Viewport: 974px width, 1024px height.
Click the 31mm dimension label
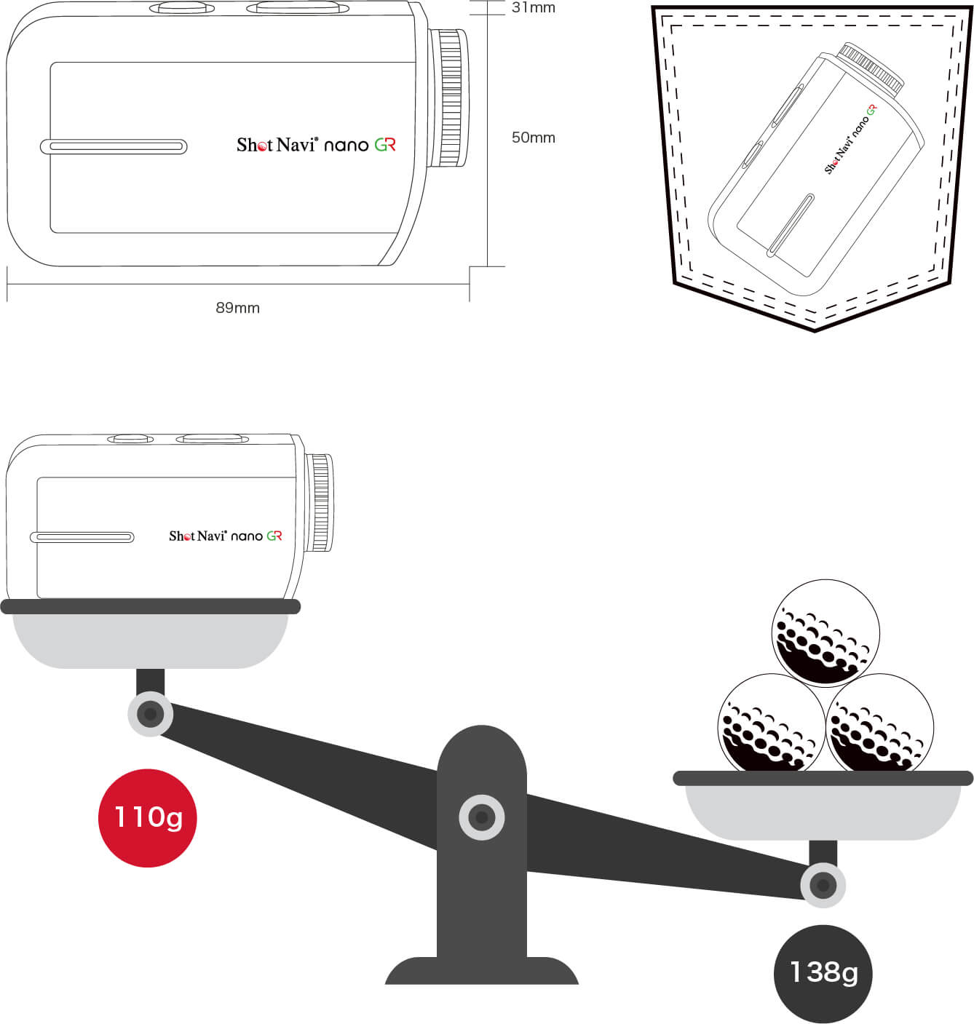(533, 7)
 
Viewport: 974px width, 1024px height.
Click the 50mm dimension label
(533, 138)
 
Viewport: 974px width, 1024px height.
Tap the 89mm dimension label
(237, 308)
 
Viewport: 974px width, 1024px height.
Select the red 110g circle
(148, 818)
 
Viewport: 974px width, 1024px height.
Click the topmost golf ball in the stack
(825, 633)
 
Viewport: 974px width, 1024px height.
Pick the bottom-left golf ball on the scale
(772, 723)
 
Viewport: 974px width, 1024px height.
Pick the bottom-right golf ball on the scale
(879, 723)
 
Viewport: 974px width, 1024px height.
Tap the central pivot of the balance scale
(481, 817)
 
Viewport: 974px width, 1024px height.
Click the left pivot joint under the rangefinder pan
(150, 713)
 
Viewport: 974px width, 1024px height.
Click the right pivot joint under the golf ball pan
(823, 885)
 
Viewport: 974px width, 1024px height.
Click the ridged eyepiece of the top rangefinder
(448, 98)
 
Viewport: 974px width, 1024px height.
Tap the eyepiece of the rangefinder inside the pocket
(871, 70)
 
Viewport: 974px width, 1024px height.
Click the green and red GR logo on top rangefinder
(385, 144)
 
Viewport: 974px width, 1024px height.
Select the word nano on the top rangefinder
(346, 146)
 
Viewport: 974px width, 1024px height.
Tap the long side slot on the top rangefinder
(114, 147)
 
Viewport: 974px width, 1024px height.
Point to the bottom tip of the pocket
(815, 330)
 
